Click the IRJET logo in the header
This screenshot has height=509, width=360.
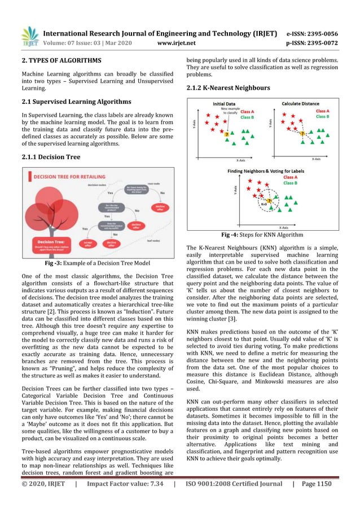(29, 36)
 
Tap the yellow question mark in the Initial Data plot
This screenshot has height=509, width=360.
(227, 134)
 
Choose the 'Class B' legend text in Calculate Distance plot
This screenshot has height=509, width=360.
(323, 116)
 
